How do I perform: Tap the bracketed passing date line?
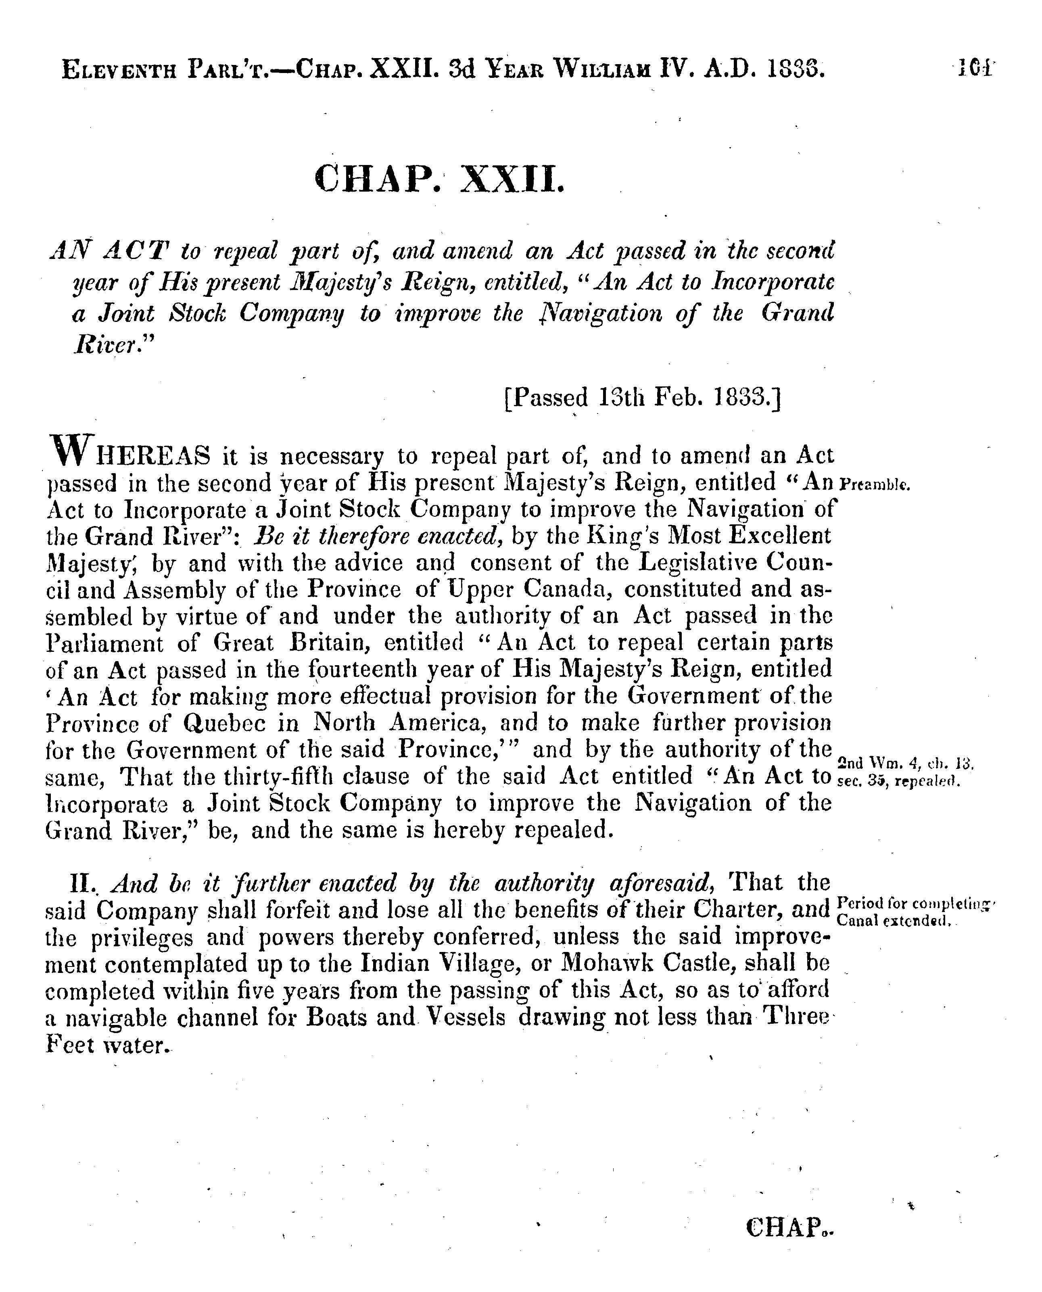tap(642, 397)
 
